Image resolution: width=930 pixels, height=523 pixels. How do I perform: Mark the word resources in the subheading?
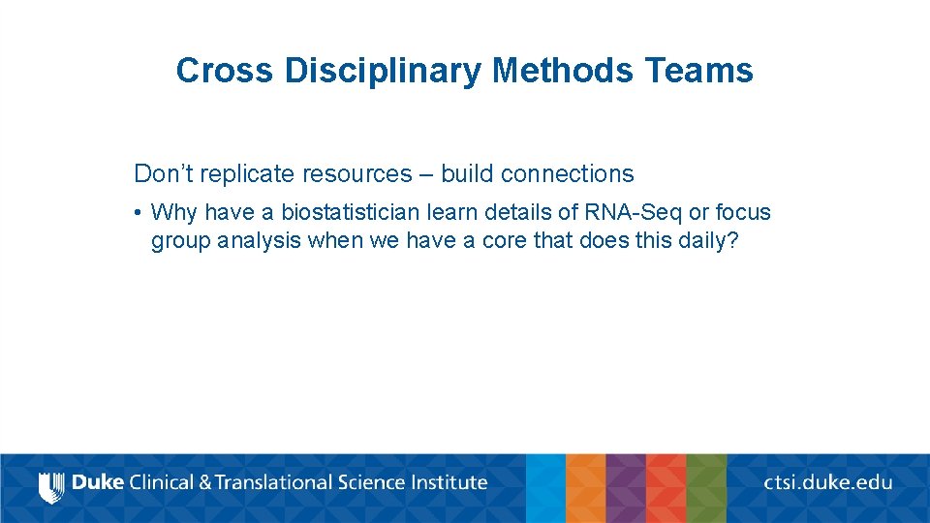tap(356, 174)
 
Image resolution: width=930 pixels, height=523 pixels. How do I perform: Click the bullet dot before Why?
tap(139, 212)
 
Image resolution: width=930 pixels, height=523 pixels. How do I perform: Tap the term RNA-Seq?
tap(632, 212)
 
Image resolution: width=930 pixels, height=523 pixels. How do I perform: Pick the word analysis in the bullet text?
tap(260, 240)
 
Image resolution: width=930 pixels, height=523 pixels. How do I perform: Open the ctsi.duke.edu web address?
tap(827, 482)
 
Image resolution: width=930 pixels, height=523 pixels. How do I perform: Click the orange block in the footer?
tap(585, 488)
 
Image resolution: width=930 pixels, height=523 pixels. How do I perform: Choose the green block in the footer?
tap(706, 488)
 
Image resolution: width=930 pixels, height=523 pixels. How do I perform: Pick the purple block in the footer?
tap(625, 488)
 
